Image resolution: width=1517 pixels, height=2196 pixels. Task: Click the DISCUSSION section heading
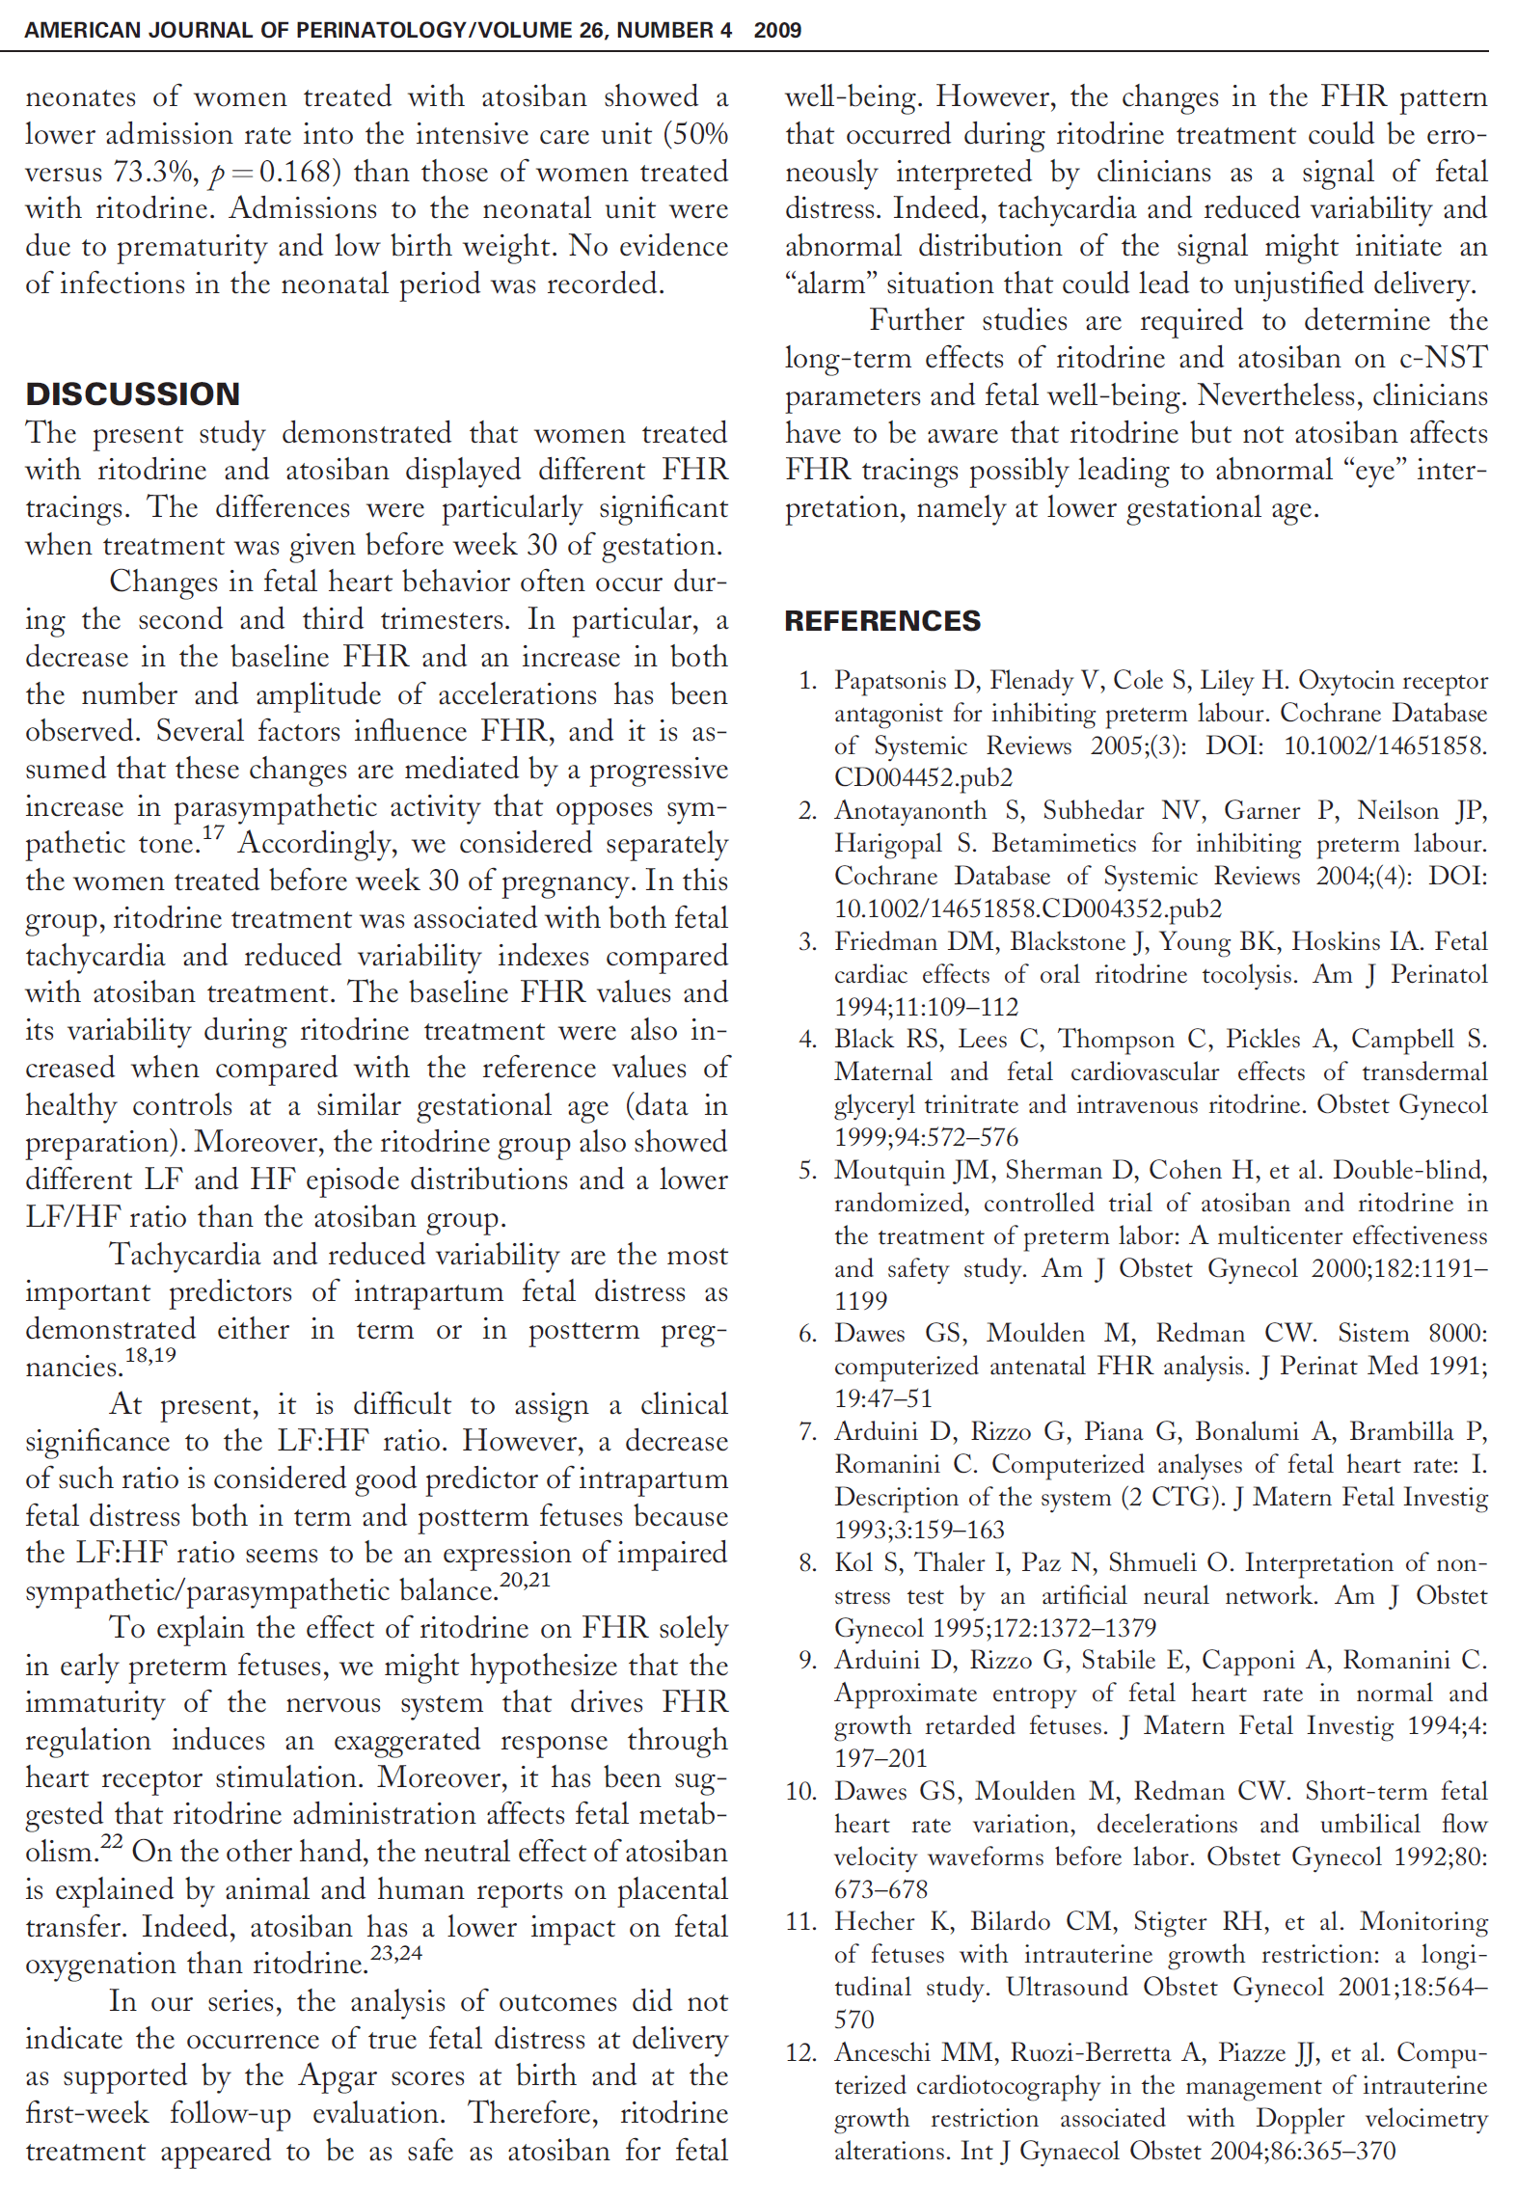coord(132,393)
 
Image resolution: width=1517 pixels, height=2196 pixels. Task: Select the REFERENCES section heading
coord(881,620)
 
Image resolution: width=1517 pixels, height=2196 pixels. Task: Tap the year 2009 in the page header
coord(777,30)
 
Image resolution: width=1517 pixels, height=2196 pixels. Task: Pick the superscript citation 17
coord(213,832)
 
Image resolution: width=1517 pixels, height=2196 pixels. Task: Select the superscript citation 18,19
coord(150,1354)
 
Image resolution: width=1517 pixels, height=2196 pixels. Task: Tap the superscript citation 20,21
coord(525,1579)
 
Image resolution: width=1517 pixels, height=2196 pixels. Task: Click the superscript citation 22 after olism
coord(112,1840)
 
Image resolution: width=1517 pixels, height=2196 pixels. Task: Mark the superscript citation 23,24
coord(395,1952)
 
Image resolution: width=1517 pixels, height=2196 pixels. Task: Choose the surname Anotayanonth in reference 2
coord(910,811)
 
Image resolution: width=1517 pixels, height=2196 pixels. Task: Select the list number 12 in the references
coord(800,2052)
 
